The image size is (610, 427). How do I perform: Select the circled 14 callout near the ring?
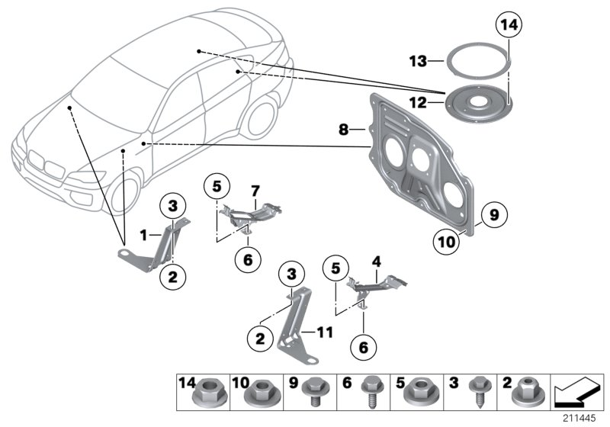(509, 25)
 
